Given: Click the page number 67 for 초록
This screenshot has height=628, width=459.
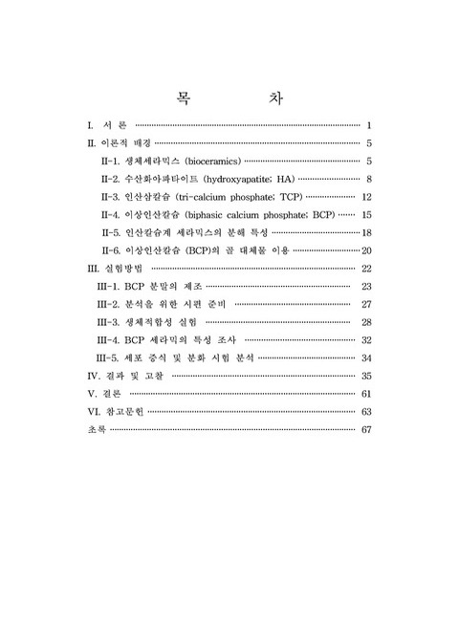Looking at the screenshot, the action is point(366,429).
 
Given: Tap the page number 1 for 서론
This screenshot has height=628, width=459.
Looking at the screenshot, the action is point(368,125).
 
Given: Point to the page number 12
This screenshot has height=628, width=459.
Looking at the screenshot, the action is point(366,197).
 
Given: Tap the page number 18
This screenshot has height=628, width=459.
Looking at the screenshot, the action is point(366,233).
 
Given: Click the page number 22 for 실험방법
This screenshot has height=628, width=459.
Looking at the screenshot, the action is point(366,269).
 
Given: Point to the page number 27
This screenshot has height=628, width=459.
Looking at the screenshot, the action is point(366,304).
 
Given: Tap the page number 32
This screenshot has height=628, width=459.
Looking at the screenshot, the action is point(366,340).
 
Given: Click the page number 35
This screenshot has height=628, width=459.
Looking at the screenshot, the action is point(366,376).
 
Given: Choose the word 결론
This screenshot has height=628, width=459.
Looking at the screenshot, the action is point(111,394).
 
